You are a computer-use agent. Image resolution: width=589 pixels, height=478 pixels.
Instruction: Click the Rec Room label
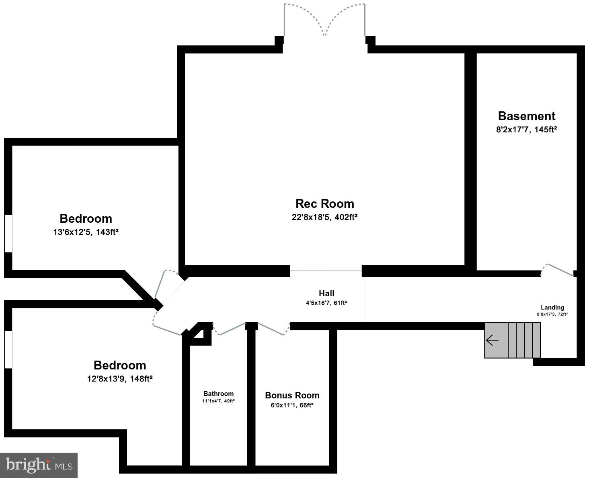pyautogui.click(x=324, y=203)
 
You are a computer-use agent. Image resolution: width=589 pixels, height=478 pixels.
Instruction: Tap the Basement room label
pyautogui.click(x=526, y=116)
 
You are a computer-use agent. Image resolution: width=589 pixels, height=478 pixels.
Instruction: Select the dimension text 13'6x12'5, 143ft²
pyautogui.click(x=86, y=232)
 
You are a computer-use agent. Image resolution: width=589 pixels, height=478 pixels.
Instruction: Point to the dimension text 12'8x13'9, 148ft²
pyautogui.click(x=120, y=379)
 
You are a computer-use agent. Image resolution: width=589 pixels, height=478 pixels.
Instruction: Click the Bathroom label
pyautogui.click(x=218, y=394)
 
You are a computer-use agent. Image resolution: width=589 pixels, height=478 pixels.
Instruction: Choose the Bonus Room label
pyautogui.click(x=292, y=395)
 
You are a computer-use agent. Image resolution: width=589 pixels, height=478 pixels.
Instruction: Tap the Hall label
pyautogui.click(x=326, y=293)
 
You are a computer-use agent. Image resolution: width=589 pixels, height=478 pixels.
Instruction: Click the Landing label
pyautogui.click(x=552, y=308)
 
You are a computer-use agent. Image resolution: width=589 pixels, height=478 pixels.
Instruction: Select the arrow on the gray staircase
pyautogui.click(x=492, y=341)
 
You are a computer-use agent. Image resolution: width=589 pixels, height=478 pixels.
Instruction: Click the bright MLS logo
pyautogui.click(x=39, y=465)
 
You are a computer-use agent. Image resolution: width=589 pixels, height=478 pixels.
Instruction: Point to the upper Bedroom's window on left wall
pyautogui.click(x=8, y=234)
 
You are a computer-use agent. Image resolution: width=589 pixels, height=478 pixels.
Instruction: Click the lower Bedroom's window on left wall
pyautogui.click(x=8, y=349)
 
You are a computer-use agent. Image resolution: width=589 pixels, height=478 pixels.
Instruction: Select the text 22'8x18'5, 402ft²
pyautogui.click(x=324, y=217)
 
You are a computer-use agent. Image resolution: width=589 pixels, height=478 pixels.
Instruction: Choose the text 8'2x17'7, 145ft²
pyautogui.click(x=526, y=129)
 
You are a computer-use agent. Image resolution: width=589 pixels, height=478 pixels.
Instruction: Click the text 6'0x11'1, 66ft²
pyautogui.click(x=292, y=405)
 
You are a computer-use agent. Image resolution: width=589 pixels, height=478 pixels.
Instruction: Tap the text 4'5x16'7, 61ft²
pyautogui.click(x=326, y=303)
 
